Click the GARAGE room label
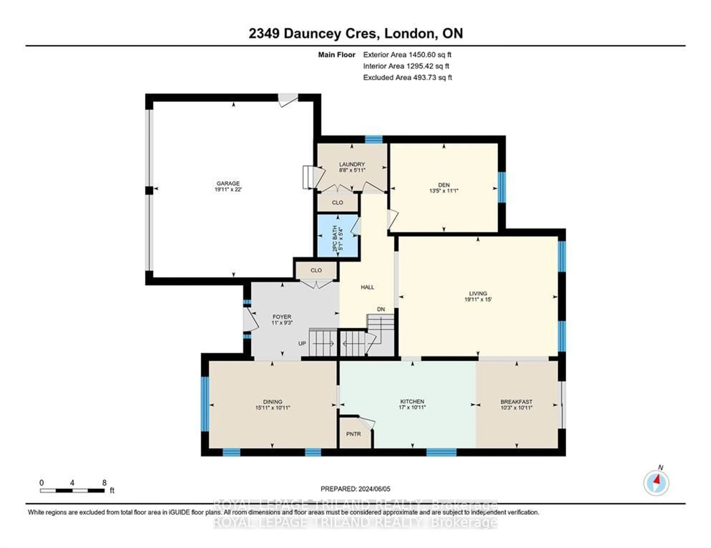[x=228, y=183]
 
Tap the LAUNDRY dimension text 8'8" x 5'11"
[x=352, y=170]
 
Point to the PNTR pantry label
[x=353, y=434]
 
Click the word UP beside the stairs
[x=302, y=343]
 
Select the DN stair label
[x=381, y=309]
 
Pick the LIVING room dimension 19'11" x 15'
[x=478, y=300]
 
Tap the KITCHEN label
[x=412, y=402]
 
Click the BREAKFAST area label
[x=516, y=402]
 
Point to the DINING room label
[x=273, y=402]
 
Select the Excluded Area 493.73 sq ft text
[x=407, y=77]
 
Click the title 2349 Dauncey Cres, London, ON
[x=355, y=33]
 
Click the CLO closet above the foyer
[x=316, y=270]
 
